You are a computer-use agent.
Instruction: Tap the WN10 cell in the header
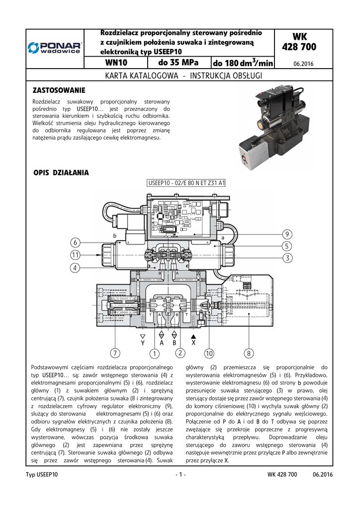(117, 63)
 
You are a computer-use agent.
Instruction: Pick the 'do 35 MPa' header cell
(179, 63)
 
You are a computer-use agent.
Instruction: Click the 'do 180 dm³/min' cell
(243, 63)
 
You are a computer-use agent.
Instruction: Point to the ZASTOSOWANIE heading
(59, 90)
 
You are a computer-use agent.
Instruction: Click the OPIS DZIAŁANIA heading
(61, 173)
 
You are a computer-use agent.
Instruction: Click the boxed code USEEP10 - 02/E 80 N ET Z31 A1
(186, 183)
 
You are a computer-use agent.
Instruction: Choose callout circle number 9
(287, 234)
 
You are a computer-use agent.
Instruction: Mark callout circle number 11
(76, 255)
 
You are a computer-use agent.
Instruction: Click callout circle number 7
(115, 353)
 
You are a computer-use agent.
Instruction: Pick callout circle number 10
(208, 353)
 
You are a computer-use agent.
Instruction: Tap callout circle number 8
(249, 353)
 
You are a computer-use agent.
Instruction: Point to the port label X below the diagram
(193, 343)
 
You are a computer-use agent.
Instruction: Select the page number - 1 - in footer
(180, 475)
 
